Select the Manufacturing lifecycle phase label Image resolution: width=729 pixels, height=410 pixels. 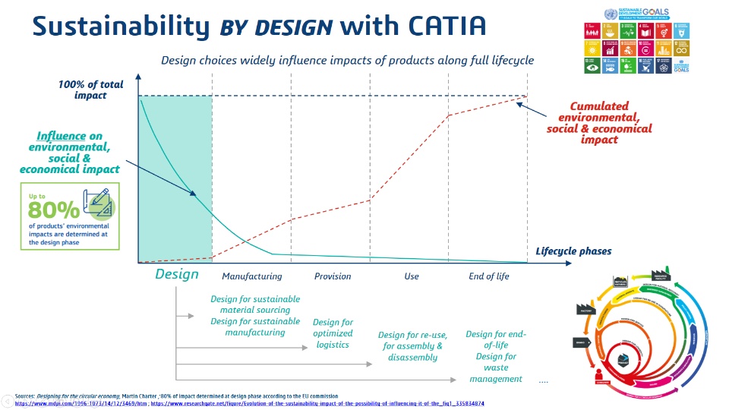tap(251, 276)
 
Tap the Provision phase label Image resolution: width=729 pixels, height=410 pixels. tap(333, 276)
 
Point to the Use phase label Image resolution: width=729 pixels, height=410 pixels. tap(411, 276)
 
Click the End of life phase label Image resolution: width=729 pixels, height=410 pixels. tap(489, 276)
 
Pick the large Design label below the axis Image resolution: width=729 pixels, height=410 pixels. tap(176, 274)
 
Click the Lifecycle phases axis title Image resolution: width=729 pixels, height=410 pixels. tap(573, 251)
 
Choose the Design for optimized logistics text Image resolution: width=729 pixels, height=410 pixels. tap(333, 334)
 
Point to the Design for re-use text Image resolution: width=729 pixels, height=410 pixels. tap(412, 346)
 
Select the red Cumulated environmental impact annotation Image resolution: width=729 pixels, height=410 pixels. tap(598, 123)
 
